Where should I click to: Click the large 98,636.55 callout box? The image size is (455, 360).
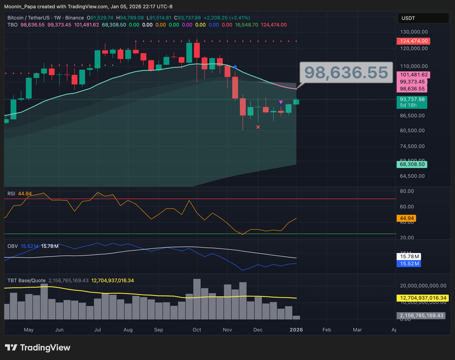pyautogui.click(x=346, y=73)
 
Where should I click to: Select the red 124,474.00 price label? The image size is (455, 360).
pyautogui.click(x=415, y=41)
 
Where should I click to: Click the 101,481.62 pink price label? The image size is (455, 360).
pyautogui.click(x=415, y=75)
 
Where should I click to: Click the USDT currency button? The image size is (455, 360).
pyautogui.click(x=409, y=18)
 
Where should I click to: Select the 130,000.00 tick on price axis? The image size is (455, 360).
pyautogui.click(x=414, y=32)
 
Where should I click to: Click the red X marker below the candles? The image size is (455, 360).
pyautogui.click(x=258, y=127)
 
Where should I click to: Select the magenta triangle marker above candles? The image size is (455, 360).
pyautogui.click(x=281, y=103)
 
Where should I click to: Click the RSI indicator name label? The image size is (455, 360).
pyautogui.click(x=11, y=193)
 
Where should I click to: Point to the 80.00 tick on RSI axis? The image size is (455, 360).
pyautogui.click(x=406, y=191)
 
